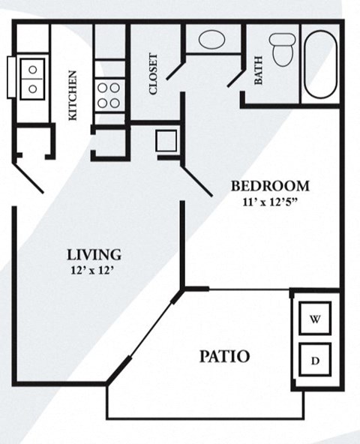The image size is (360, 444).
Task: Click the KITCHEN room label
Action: (x=73, y=95)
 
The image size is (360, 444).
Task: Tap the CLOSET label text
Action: (x=154, y=73)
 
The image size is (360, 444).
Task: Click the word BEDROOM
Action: (x=270, y=186)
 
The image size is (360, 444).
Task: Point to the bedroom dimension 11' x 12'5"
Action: (x=270, y=201)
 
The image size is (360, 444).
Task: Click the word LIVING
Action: (x=93, y=254)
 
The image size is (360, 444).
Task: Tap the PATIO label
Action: (x=224, y=355)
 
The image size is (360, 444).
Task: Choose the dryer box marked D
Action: (x=316, y=361)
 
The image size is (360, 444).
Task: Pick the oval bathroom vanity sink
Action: (x=212, y=39)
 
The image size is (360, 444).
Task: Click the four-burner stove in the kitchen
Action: (x=109, y=96)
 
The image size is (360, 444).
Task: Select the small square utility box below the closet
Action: (x=166, y=140)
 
